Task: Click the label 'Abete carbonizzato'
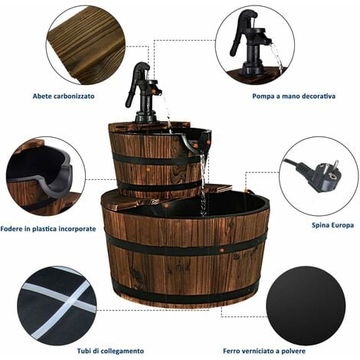pos(64,97)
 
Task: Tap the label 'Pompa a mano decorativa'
pos(294,97)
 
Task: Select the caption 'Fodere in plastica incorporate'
pos(48,229)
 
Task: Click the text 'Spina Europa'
pos(332,225)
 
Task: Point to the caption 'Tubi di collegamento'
pos(110,351)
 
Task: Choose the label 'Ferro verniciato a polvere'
pos(264,351)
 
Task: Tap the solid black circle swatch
pos(306,306)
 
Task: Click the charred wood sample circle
pos(86,45)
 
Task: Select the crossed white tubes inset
pos(57,306)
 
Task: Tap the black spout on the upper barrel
pos(197,142)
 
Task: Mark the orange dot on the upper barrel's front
pos(148,169)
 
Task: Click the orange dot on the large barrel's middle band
pos(221,249)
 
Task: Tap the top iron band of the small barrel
pos(155,159)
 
